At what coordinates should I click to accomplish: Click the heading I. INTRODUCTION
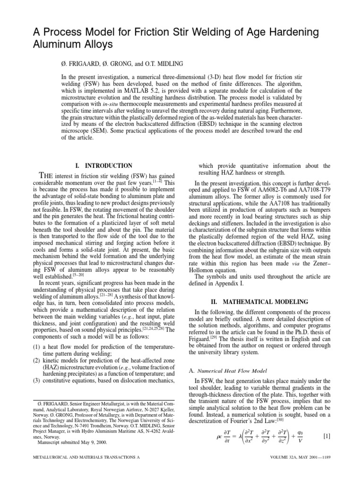point(104,166)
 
